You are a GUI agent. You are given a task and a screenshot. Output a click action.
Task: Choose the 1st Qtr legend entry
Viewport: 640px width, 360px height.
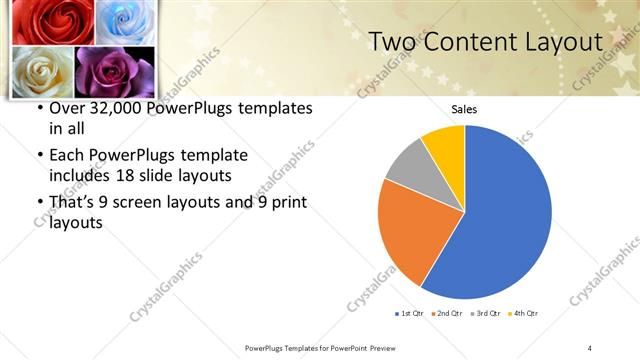tap(410, 314)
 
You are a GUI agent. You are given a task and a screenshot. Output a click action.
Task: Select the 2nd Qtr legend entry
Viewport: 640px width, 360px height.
tap(446, 314)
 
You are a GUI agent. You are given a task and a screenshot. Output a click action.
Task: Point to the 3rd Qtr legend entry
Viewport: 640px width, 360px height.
tap(484, 314)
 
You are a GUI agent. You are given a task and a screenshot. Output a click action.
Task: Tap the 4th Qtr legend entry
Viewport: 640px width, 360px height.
tap(522, 314)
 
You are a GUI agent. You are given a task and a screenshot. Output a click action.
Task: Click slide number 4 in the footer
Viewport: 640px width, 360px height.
tap(589, 347)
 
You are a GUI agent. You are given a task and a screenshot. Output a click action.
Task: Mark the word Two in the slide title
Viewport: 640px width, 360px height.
tap(392, 42)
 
